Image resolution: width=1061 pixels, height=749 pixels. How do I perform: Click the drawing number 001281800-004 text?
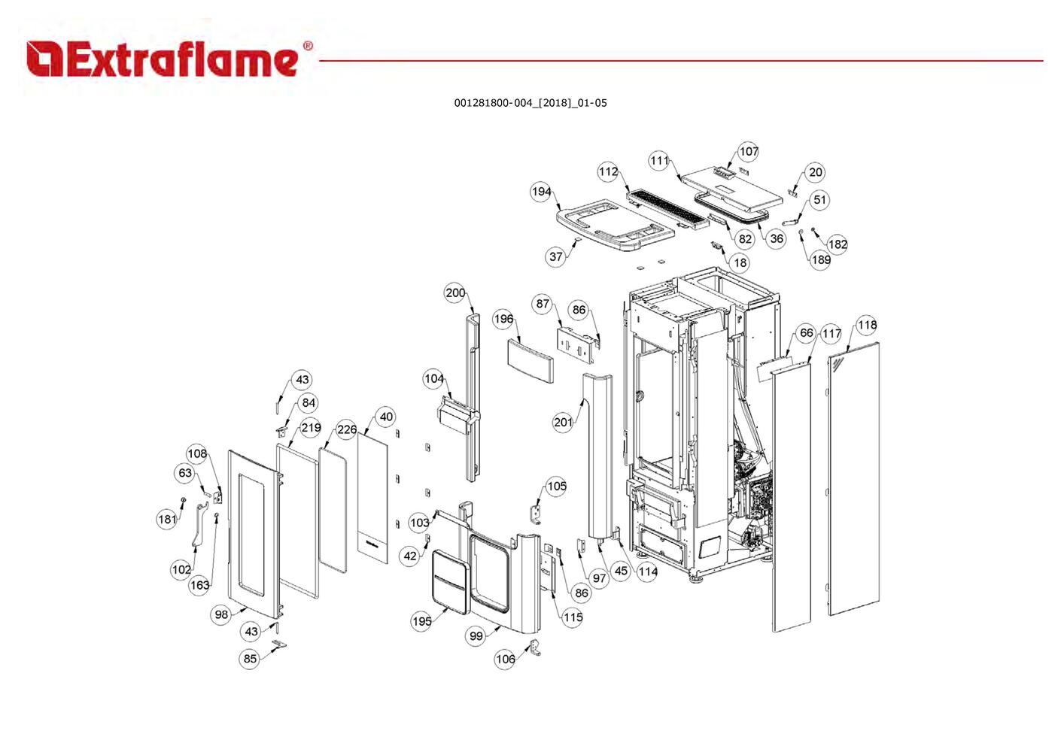tap(530, 103)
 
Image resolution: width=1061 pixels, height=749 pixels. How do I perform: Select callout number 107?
tap(748, 151)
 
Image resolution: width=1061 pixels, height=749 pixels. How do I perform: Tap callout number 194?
tap(541, 192)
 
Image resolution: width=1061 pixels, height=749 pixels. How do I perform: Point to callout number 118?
tap(867, 325)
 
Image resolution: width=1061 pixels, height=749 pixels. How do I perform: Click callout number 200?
tap(455, 293)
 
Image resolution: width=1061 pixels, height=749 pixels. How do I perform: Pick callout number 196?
tap(503, 319)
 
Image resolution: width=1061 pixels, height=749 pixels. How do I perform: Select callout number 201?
tap(563, 422)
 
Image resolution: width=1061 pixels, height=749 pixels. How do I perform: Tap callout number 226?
tap(346, 429)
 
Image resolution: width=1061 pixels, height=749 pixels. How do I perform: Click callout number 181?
tap(167, 519)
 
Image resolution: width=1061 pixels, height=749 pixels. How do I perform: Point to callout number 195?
tap(421, 621)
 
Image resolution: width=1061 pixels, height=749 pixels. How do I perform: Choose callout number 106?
tap(505, 659)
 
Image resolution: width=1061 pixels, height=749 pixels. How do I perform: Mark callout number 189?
tap(821, 260)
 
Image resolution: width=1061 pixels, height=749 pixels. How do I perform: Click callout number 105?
tap(556, 486)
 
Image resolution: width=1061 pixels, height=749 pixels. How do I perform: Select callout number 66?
tap(806, 332)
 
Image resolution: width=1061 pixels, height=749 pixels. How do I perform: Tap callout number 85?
tap(250, 659)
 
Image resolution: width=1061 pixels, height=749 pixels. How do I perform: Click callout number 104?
tap(434, 378)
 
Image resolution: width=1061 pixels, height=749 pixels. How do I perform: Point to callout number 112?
tap(608, 171)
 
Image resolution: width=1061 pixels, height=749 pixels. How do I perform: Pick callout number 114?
tap(647, 572)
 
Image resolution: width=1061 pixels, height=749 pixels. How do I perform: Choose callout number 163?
tap(199, 585)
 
